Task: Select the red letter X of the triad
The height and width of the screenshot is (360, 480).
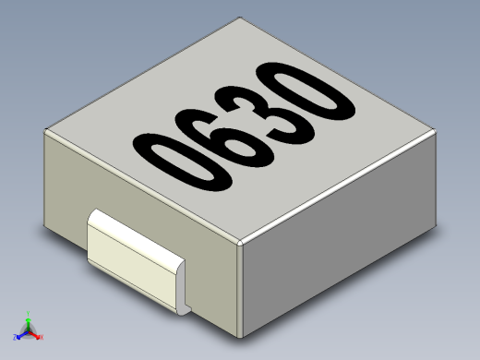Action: tap(42, 340)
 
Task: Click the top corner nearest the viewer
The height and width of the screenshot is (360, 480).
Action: tap(239, 242)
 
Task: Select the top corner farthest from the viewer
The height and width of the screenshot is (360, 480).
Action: tap(241, 18)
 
